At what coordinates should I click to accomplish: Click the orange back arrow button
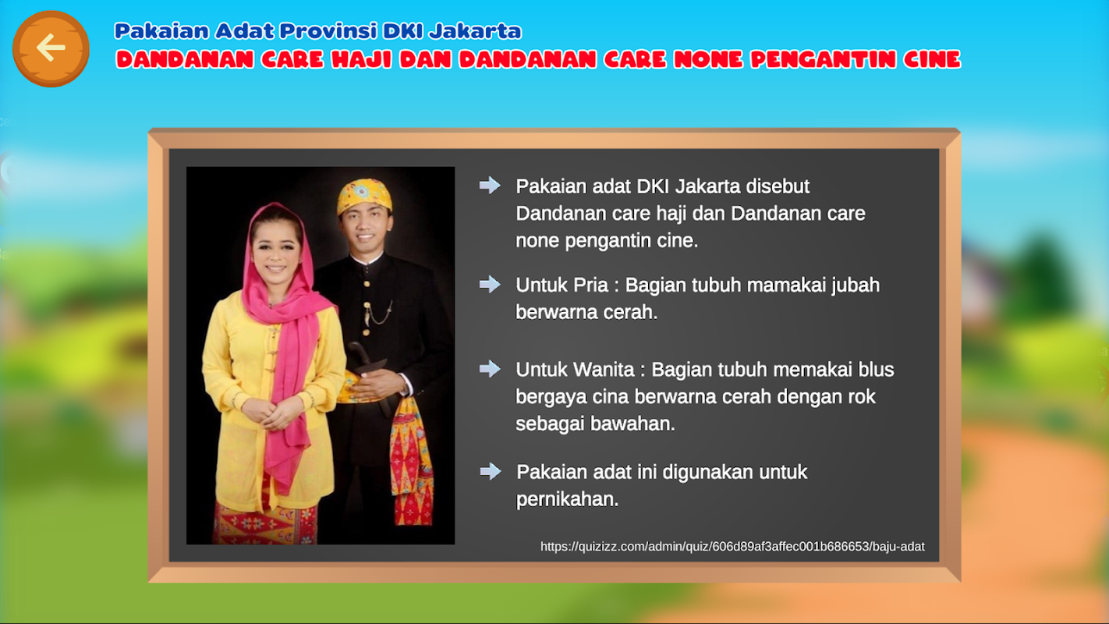point(51,48)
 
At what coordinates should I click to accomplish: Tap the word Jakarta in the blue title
point(475,30)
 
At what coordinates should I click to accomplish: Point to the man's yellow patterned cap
point(364,196)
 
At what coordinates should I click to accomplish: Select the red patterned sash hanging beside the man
point(411,460)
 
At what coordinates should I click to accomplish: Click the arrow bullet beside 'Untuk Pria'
point(490,284)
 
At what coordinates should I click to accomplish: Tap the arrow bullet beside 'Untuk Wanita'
point(490,369)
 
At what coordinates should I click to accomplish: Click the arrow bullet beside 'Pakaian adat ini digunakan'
point(490,471)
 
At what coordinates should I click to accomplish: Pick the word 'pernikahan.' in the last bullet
point(568,500)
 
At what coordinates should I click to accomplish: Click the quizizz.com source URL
point(732,546)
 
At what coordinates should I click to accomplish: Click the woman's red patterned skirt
point(265,525)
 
